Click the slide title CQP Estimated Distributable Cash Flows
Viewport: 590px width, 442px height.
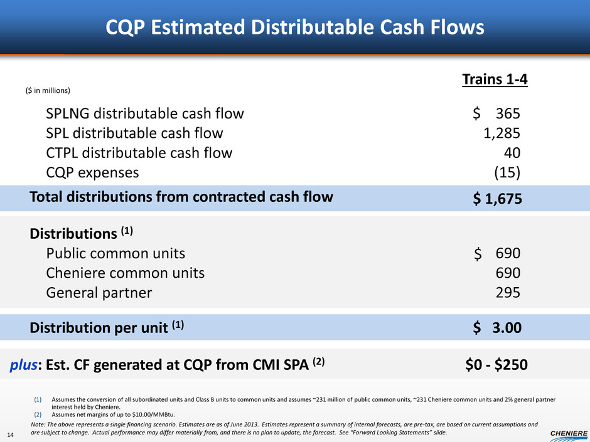(294, 27)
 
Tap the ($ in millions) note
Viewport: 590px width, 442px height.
(47, 91)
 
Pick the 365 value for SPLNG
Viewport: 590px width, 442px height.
(508, 113)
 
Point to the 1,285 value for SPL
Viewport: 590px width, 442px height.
(501, 134)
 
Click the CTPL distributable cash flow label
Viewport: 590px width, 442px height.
(139, 153)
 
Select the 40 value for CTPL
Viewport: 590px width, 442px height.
(512, 153)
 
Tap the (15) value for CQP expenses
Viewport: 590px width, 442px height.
(507, 172)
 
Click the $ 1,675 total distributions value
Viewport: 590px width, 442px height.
(497, 199)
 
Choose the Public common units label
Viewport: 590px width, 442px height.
(115, 253)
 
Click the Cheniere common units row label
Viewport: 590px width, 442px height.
(125, 273)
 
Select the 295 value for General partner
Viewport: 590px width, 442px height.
(508, 293)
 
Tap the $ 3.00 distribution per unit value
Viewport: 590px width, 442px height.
(497, 327)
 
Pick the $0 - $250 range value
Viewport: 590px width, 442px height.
(491, 364)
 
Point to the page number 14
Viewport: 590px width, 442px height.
(13, 432)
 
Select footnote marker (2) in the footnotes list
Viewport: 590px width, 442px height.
(38, 414)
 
